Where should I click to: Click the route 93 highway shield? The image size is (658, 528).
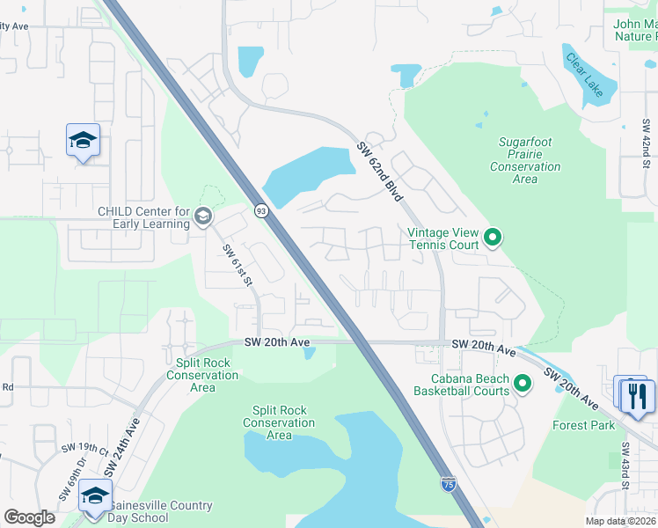point(261,210)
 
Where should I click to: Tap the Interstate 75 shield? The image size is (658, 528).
point(448,482)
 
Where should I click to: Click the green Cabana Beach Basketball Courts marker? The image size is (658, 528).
point(523,384)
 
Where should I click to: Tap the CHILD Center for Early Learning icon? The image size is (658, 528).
point(202,216)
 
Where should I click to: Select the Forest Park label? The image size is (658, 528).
point(583,425)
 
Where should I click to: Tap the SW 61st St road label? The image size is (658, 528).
point(237,265)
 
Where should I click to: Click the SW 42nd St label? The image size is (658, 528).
point(645,141)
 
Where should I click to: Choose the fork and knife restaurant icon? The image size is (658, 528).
point(638,394)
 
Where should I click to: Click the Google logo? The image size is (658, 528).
point(29,517)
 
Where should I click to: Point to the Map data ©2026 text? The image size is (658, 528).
point(621,521)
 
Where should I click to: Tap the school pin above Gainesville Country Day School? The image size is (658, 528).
point(95,495)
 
